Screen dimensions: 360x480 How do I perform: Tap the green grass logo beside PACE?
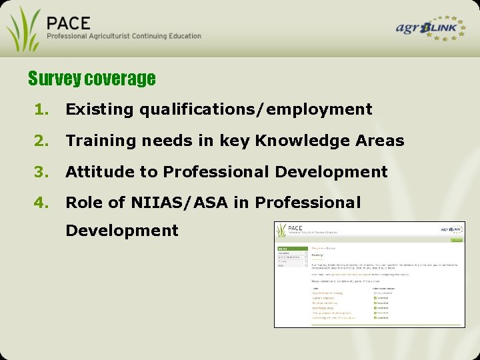point(23,28)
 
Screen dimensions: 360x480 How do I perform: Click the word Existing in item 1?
point(99,109)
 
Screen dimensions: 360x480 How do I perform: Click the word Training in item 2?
point(99,141)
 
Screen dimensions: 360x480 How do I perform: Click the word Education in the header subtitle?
point(181,36)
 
